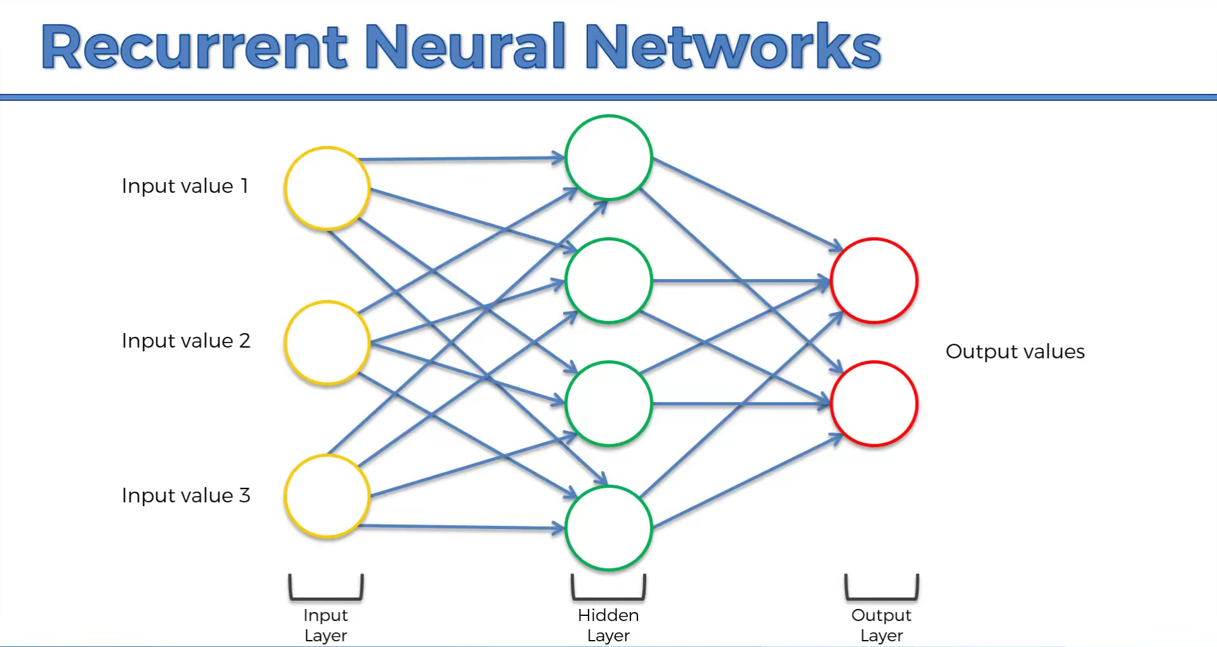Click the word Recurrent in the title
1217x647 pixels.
(x=194, y=47)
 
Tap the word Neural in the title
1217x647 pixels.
(x=465, y=47)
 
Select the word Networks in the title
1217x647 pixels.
(x=732, y=47)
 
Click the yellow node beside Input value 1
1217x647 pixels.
(x=327, y=188)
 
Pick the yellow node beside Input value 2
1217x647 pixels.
(x=327, y=343)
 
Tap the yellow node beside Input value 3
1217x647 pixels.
(x=327, y=496)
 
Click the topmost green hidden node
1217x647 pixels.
(x=609, y=157)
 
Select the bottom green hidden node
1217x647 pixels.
(x=609, y=528)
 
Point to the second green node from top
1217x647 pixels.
(x=609, y=280)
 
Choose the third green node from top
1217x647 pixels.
(x=609, y=403)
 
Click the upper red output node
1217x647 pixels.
(x=874, y=280)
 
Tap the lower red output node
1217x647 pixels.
(x=874, y=403)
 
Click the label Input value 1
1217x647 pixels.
(x=185, y=186)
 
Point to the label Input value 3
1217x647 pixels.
(x=186, y=495)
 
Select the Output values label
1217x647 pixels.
(x=1015, y=351)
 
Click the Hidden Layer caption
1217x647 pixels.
(x=608, y=625)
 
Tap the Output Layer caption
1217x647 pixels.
(x=882, y=625)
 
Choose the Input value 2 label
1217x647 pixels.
(x=186, y=341)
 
